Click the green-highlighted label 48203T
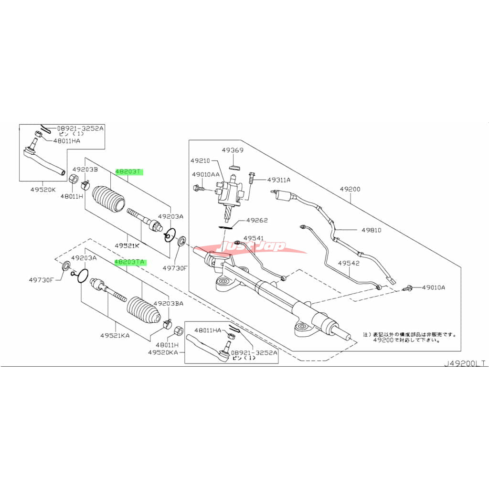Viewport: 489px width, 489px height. pos(129,171)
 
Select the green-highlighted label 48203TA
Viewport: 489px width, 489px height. pos(130,262)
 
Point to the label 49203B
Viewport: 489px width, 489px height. pos(85,170)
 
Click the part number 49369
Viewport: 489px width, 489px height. pos(233,150)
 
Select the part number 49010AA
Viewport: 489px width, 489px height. pos(205,175)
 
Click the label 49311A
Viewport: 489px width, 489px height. pos(279,180)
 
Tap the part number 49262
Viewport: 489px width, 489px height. pos(257,221)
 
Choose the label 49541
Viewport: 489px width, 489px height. pos(253,238)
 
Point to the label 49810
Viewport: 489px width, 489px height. pos(371,230)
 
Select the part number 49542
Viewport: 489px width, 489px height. pos(349,263)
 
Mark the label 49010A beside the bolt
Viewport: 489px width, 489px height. pos(434,287)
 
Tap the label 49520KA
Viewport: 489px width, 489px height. pos(162,352)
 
